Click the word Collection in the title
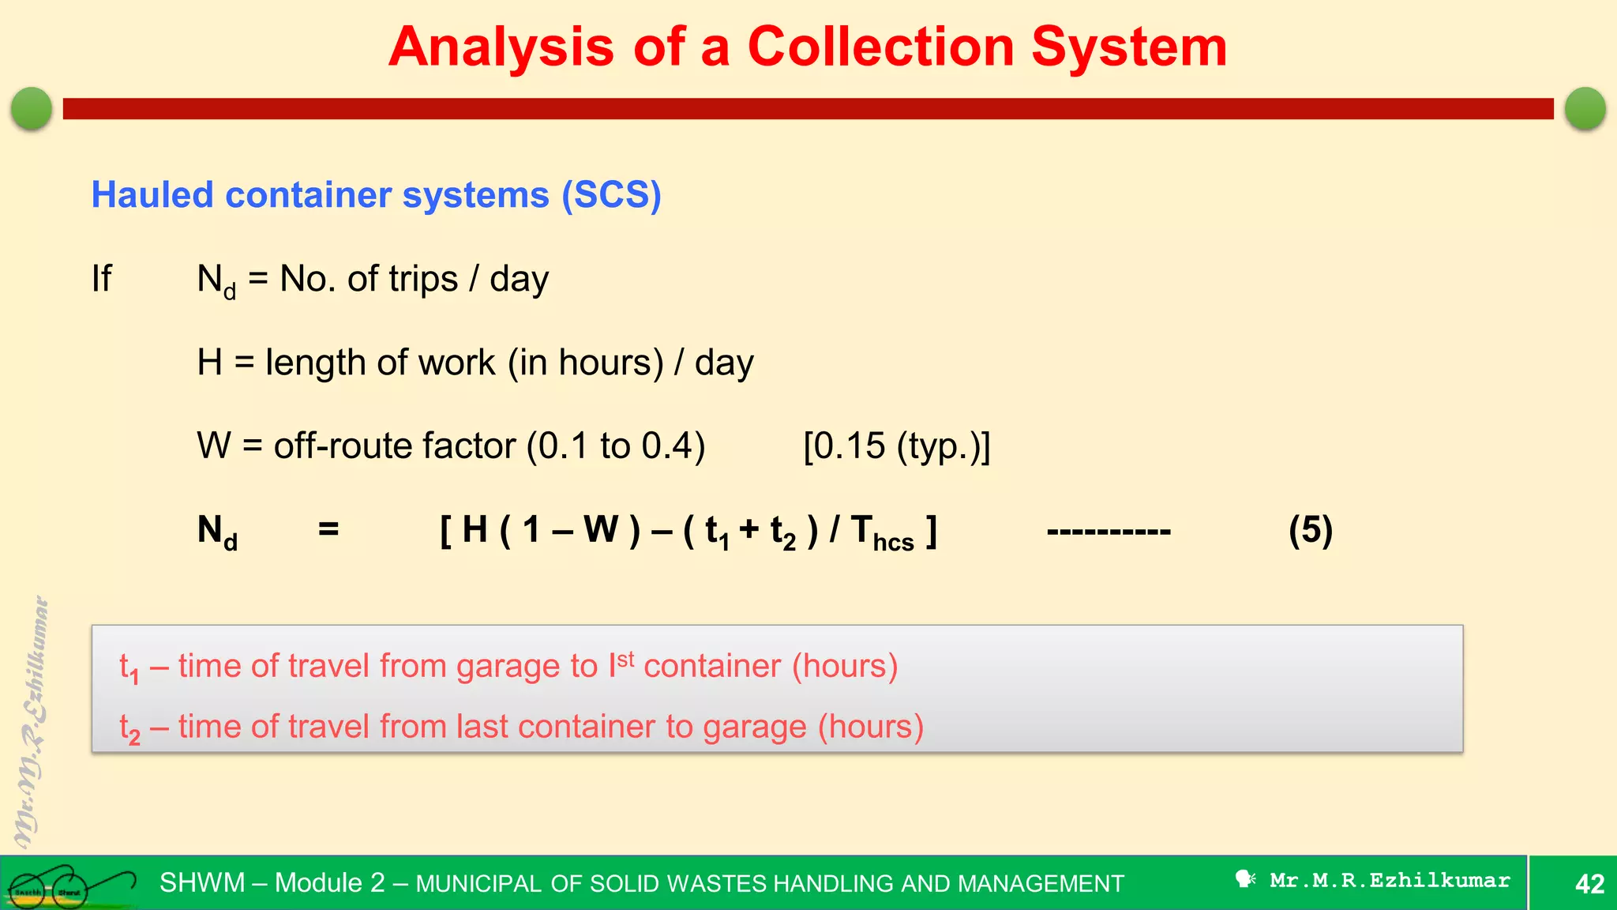point(880,47)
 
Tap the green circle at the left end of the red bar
point(32,108)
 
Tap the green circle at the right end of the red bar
point(1585,108)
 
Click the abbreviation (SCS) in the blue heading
point(611,195)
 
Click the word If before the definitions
point(101,279)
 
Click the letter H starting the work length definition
point(209,363)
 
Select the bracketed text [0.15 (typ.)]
point(896,446)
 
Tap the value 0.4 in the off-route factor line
point(666,446)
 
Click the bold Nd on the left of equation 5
point(216,531)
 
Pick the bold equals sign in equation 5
point(328,529)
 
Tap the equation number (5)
point(1310,530)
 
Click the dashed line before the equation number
point(1108,531)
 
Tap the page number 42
point(1589,883)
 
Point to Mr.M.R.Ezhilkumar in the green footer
point(1389,880)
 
